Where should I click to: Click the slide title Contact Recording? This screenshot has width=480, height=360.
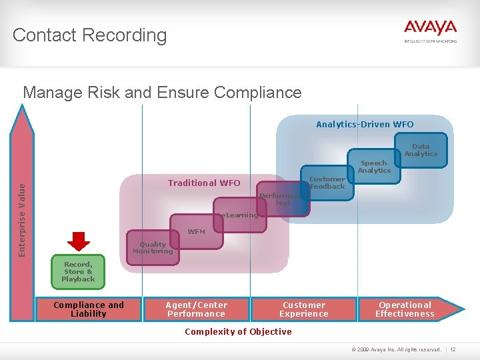[x=89, y=35]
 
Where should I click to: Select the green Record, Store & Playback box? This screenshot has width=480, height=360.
[x=78, y=272]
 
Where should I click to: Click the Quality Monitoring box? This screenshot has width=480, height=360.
[x=153, y=248]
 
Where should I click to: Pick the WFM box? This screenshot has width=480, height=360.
[x=196, y=231]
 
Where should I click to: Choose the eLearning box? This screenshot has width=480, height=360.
[x=239, y=215]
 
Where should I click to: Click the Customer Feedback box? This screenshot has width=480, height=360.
[x=327, y=183]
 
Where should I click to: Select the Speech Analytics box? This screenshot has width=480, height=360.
[x=373, y=167]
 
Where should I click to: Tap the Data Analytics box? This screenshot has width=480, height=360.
[x=421, y=150]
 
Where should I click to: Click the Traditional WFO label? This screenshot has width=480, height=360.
[x=204, y=183]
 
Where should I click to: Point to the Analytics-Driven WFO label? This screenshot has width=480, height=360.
[x=365, y=125]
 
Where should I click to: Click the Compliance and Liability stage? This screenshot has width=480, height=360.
[x=89, y=309]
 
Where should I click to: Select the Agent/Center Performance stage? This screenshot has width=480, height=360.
[x=197, y=309]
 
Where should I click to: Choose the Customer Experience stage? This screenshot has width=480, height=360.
[x=304, y=309]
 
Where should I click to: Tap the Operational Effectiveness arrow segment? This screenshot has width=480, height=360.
[x=405, y=309]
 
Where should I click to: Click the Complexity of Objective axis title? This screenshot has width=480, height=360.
[x=238, y=331]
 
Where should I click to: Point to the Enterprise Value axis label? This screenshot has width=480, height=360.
[x=23, y=210]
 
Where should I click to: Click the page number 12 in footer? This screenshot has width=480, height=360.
[x=453, y=349]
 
